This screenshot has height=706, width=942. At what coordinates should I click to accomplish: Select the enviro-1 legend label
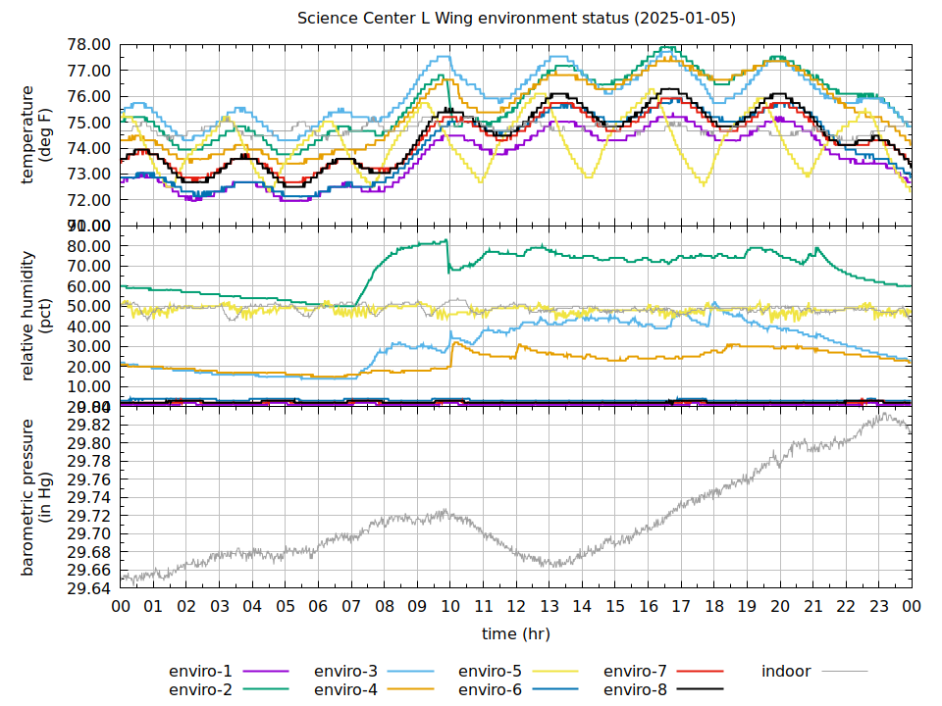[200, 672]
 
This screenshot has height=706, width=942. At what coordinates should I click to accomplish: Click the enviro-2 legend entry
[200, 690]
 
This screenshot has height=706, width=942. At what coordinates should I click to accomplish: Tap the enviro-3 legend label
[345, 672]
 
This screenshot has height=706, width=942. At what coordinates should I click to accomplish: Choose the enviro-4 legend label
[345, 690]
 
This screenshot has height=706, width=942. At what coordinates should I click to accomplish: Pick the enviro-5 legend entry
[491, 672]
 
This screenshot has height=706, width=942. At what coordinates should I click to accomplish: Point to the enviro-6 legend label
[491, 690]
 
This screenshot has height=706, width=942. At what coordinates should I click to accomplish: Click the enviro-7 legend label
[635, 672]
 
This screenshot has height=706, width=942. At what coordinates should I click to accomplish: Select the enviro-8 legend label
[635, 690]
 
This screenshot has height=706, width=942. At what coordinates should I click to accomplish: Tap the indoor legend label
[786, 672]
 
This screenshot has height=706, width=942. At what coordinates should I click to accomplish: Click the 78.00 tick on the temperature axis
[88, 45]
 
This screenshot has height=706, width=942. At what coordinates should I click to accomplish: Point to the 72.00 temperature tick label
[88, 200]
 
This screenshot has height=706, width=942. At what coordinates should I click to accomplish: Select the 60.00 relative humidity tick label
[88, 286]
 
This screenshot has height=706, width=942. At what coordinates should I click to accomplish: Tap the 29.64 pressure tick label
[88, 588]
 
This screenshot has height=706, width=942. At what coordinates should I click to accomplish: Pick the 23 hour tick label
[879, 607]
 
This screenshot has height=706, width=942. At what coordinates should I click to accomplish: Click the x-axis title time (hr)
[516, 633]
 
